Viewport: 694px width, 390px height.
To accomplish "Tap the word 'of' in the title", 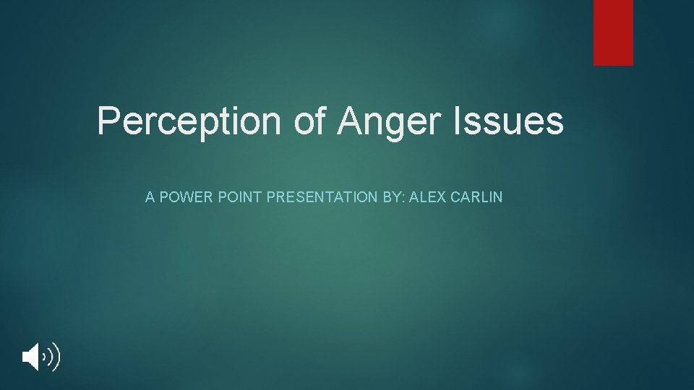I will tap(309, 121).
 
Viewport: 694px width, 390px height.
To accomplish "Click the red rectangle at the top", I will tap(613, 32).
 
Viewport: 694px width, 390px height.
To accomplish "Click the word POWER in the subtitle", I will tap(184, 196).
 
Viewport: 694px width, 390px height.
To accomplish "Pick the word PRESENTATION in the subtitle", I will tap(322, 196).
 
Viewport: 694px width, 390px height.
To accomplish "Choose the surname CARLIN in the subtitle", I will tap(476, 196).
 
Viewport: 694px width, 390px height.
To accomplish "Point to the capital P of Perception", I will tap(108, 121).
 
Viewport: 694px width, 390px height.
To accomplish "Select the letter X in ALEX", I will tap(440, 196).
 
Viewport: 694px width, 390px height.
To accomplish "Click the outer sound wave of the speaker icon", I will tap(56, 357).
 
